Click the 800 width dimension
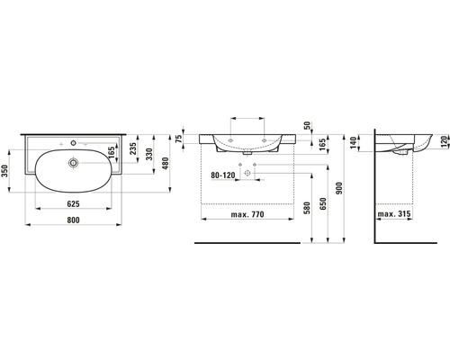pyautogui.click(x=73, y=220)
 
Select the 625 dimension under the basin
pyautogui.click(x=73, y=204)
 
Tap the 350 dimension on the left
pyautogui.click(x=4, y=170)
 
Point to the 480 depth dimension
pyautogui.click(x=166, y=163)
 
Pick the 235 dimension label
pyautogui.click(x=133, y=148)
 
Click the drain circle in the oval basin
pyautogui.click(x=73, y=163)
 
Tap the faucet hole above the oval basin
pyautogui.click(x=73, y=143)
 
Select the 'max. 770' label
pyautogui.click(x=247, y=214)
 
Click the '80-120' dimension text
pyautogui.click(x=223, y=175)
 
